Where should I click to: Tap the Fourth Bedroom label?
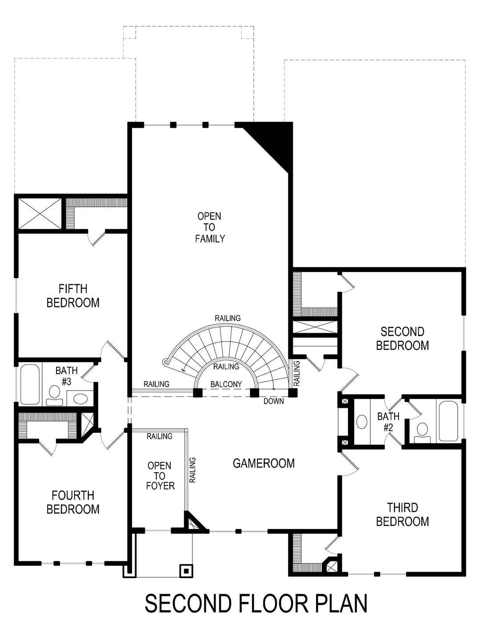pyautogui.click(x=73, y=502)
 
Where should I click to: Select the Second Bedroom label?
pyautogui.click(x=402, y=338)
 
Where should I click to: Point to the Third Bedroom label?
pyautogui.click(x=402, y=514)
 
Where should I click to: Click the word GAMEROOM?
pyautogui.click(x=264, y=463)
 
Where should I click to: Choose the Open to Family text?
pyautogui.click(x=210, y=227)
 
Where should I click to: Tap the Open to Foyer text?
pyautogui.click(x=160, y=475)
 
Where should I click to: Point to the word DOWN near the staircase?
pyautogui.click(x=273, y=401)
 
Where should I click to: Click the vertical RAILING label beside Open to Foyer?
pyautogui.click(x=193, y=470)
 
